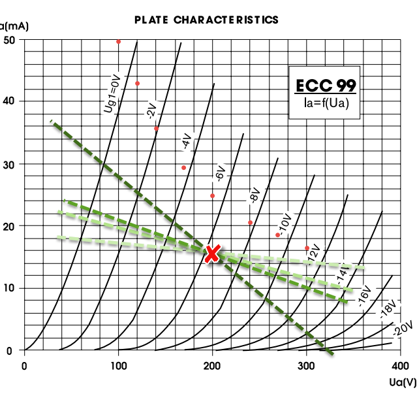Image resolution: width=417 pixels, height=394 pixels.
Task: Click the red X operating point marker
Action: tap(212, 254)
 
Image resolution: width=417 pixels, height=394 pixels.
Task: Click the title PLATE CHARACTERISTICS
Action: tap(206, 20)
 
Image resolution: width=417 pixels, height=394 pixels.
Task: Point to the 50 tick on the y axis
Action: tap(10, 40)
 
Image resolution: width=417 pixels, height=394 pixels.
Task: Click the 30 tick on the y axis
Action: tap(10, 164)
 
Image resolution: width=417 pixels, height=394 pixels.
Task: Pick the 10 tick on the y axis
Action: tap(10, 288)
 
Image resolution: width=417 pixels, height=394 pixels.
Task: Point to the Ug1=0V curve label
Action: tap(113, 94)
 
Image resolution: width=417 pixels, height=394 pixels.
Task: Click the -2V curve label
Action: tap(151, 109)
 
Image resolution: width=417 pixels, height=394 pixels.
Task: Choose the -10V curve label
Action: tap(284, 222)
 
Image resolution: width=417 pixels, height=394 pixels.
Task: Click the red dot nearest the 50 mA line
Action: tap(119, 42)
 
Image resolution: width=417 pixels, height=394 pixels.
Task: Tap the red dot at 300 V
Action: tap(307, 248)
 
